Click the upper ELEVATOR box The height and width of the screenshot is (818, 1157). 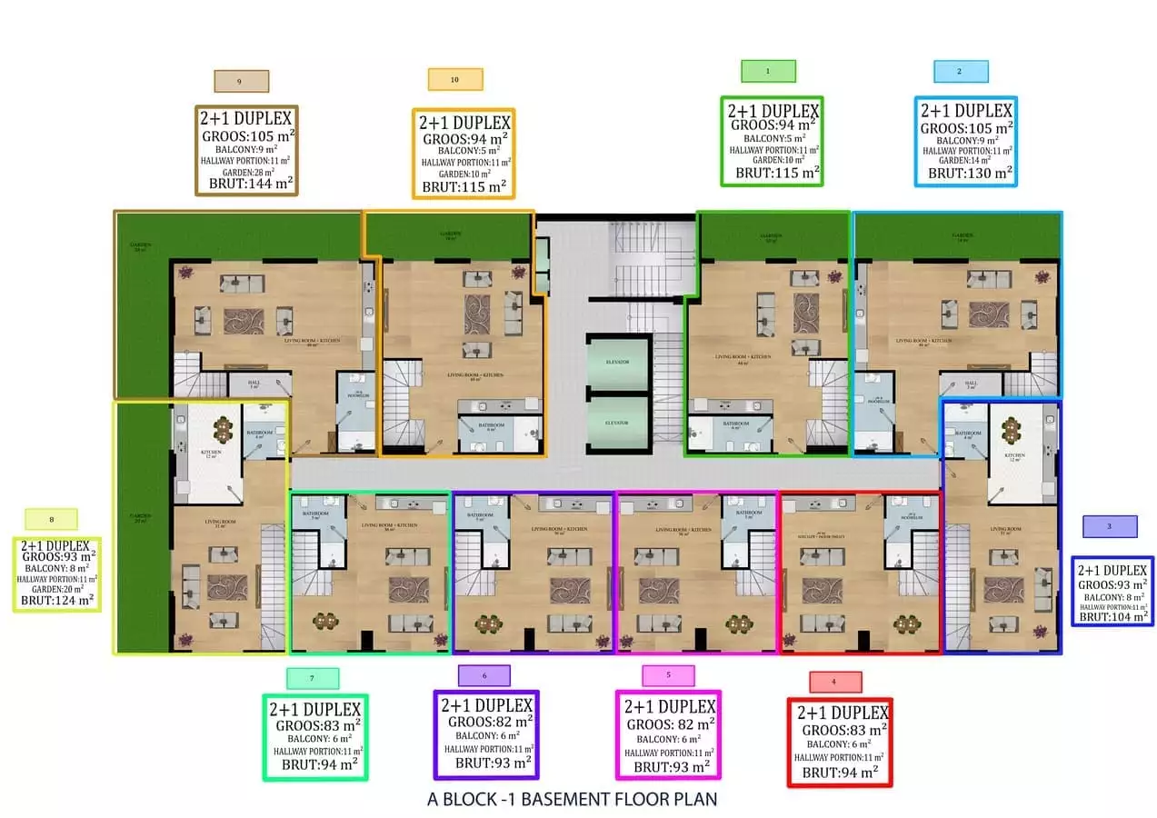tap(618, 361)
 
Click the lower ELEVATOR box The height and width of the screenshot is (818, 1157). tap(618, 423)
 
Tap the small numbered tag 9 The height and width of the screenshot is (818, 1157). tap(241, 81)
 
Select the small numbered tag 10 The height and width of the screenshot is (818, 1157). tap(455, 80)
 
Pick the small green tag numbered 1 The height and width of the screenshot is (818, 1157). tap(768, 71)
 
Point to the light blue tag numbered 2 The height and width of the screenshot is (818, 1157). tap(961, 72)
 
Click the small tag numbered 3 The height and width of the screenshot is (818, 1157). tap(1110, 526)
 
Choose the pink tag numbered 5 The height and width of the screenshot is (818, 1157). tap(668, 675)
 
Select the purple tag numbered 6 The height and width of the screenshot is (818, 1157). tap(484, 675)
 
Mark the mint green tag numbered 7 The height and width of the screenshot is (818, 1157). tap(313, 678)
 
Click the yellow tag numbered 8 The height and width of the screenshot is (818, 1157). tap(52, 520)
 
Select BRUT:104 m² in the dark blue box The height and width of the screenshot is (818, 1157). tap(1112, 615)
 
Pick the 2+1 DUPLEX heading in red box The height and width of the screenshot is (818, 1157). tap(842, 713)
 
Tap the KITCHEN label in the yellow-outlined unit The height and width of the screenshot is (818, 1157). tap(211, 451)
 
